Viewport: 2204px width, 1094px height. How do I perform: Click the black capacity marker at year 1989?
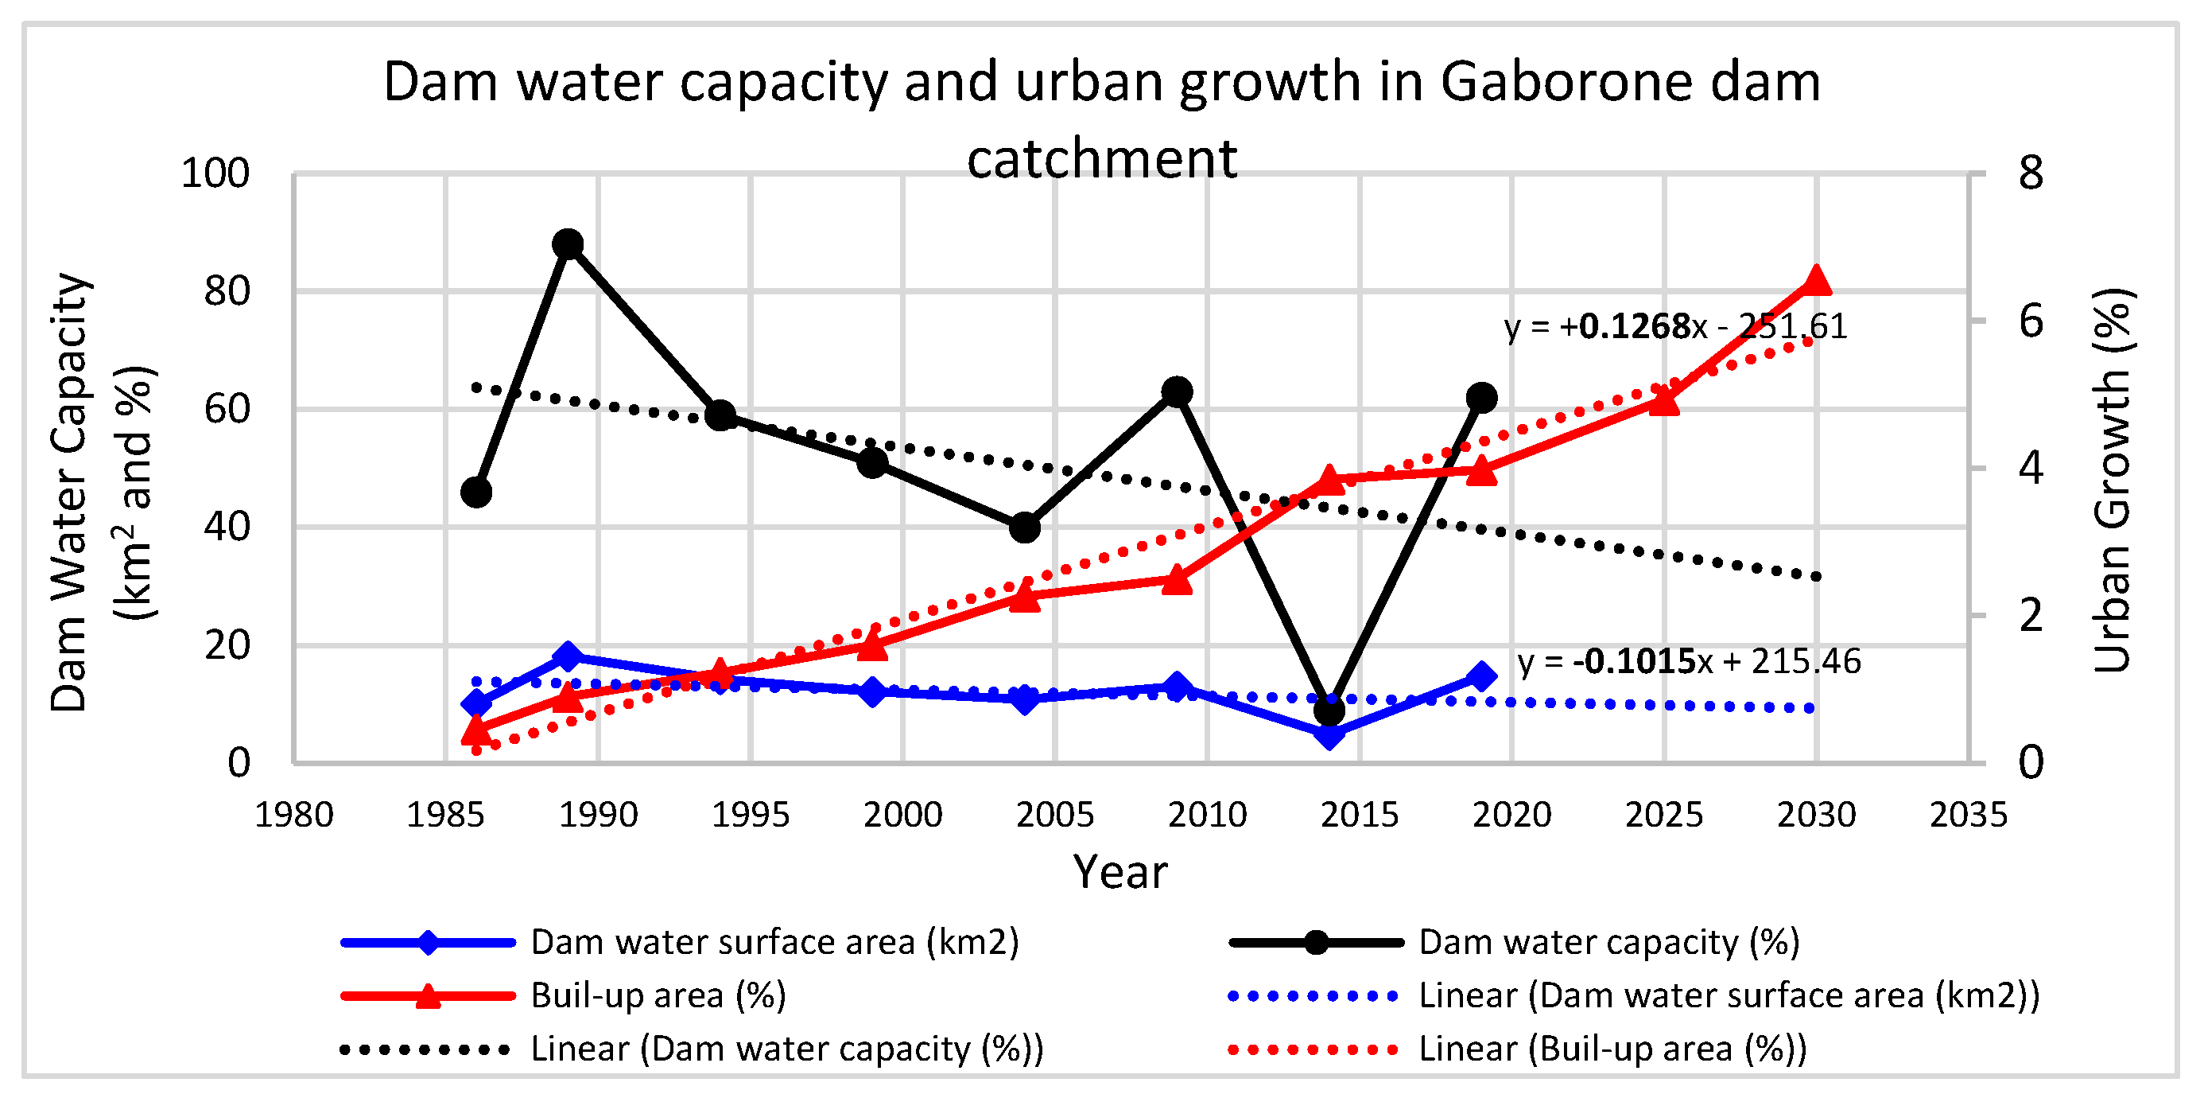click(567, 245)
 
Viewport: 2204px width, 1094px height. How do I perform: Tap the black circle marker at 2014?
click(1329, 710)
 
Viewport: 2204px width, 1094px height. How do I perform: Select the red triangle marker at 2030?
click(1815, 281)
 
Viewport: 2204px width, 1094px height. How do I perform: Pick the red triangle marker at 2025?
click(1664, 399)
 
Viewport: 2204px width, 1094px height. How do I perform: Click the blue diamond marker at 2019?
click(1481, 676)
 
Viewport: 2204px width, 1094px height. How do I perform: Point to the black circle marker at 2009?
click(1178, 392)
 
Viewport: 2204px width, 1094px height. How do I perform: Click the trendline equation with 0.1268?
click(1675, 326)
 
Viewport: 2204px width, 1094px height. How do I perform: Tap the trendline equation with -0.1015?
click(1688, 661)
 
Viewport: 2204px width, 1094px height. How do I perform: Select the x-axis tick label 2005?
click(1054, 814)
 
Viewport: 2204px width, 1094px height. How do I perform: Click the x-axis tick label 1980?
click(293, 814)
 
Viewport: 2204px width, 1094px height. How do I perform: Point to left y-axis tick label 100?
click(215, 173)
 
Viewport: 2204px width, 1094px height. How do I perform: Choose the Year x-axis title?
click(1119, 872)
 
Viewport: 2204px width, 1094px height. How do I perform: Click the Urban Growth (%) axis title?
click(2112, 480)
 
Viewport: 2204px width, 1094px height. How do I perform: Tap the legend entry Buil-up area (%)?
click(657, 995)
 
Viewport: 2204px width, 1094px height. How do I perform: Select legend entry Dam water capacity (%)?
click(1608, 941)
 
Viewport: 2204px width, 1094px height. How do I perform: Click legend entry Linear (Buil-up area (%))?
click(1612, 1049)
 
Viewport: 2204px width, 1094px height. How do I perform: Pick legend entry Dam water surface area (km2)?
click(774, 941)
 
